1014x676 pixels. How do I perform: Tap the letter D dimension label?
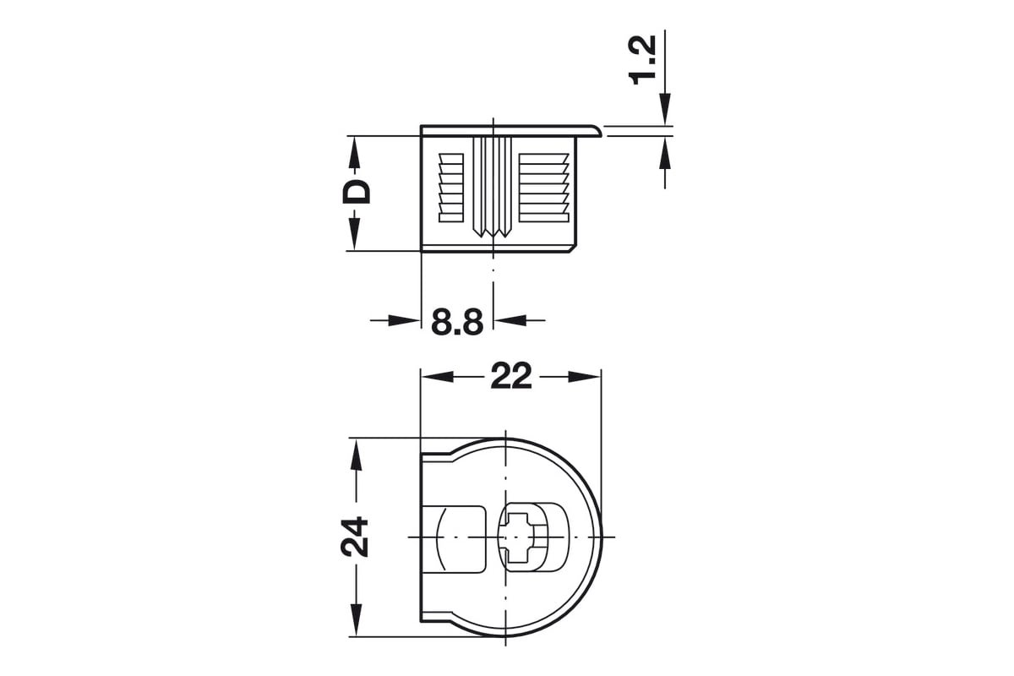pyautogui.click(x=357, y=193)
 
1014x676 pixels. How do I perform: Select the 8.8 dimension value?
pyautogui.click(x=457, y=322)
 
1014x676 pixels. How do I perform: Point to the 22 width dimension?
pyautogui.click(x=511, y=376)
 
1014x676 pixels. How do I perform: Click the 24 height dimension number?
pyautogui.click(x=354, y=536)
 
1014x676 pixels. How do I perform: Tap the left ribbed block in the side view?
pyautogui.click(x=451, y=188)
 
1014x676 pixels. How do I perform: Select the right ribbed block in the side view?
pyautogui.click(x=543, y=188)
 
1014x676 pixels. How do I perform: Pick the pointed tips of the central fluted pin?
pyautogui.click(x=492, y=232)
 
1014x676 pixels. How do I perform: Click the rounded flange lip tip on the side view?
pyautogui.click(x=598, y=131)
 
